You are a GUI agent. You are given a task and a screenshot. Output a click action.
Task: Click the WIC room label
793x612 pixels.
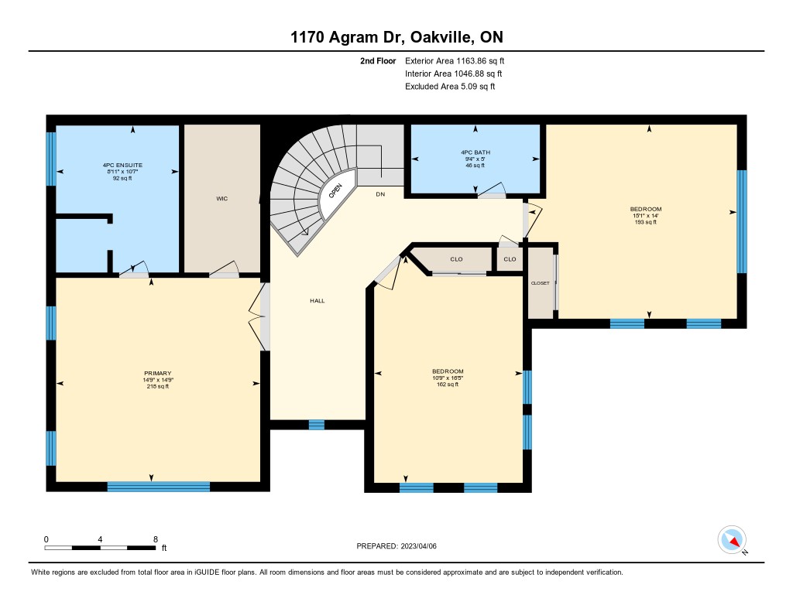pos(222,199)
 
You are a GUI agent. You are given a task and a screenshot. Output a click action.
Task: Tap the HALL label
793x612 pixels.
pos(317,301)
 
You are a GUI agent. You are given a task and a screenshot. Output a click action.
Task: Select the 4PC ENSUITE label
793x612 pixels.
pos(122,166)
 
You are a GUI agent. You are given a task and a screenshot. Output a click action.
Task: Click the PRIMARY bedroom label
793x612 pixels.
pos(157,374)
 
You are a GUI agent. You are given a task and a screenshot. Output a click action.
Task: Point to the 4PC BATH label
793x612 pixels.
pos(475,152)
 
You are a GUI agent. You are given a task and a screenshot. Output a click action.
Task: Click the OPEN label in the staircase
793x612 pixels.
pos(335,191)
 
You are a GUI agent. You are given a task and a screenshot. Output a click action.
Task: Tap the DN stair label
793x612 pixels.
pos(380,194)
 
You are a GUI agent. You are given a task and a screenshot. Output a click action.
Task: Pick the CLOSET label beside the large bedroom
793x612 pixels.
pos(540,283)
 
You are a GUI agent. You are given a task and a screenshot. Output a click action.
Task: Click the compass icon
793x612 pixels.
pos(732,540)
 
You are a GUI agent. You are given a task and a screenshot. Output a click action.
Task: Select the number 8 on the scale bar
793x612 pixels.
pos(155,539)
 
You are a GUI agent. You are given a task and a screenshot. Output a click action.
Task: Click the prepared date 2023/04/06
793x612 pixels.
pos(419,545)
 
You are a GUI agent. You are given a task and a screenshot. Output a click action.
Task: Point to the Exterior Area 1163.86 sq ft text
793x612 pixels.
pos(455,60)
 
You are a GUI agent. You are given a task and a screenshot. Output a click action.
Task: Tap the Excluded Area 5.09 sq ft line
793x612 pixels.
pos(450,87)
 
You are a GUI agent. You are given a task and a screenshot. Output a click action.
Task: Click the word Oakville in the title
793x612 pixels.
pos(442,37)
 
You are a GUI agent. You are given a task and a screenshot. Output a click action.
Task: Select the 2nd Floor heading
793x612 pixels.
pos(378,60)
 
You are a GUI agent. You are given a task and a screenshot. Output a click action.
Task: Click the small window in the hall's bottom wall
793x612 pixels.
pos(317,425)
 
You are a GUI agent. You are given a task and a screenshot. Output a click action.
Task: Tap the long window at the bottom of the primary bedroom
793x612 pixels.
pos(159,487)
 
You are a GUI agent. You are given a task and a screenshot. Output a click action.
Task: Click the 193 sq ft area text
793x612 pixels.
pos(645,222)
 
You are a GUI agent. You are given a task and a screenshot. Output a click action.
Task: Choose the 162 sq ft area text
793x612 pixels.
pos(448,385)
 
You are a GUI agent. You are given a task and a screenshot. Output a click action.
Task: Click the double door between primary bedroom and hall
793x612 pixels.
pos(260,317)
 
